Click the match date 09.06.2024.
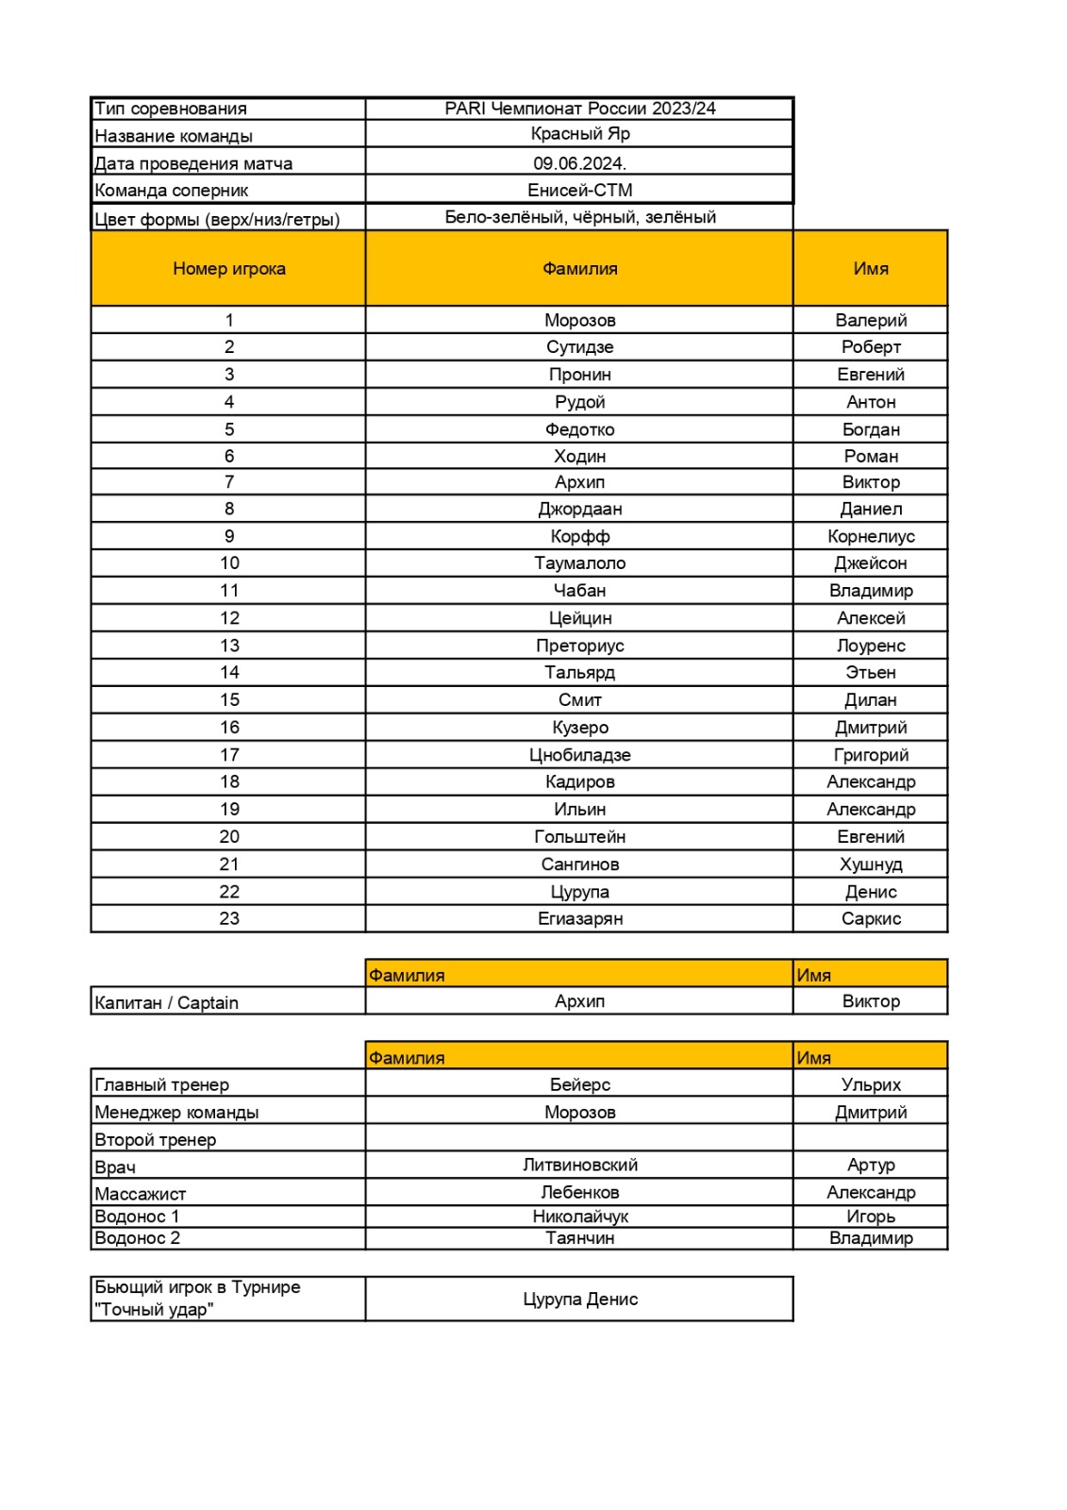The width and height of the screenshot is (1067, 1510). tap(579, 163)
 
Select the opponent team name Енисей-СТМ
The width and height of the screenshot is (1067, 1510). tap(579, 190)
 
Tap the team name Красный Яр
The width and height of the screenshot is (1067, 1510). tap(579, 134)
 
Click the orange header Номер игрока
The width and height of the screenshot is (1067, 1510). tap(228, 269)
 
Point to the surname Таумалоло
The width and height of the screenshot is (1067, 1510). tap(579, 563)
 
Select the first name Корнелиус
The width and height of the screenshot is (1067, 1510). tap(870, 536)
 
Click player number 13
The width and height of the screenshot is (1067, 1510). tap(229, 646)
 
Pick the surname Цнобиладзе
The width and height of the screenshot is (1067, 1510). tap(579, 755)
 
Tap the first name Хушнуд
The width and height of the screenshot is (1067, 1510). tap(870, 864)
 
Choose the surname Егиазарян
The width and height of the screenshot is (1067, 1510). tap(579, 918)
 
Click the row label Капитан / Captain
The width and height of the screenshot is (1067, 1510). tap(166, 1002)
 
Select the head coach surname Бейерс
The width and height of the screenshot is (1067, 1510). tap(579, 1085)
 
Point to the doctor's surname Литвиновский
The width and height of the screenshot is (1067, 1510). tap(579, 1166)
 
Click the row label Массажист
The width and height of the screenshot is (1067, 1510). tap(141, 1194)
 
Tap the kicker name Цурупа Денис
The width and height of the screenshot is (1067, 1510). tap(579, 1300)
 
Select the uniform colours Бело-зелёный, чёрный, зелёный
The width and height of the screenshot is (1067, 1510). tap(579, 218)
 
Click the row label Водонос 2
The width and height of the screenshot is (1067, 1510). tap(138, 1238)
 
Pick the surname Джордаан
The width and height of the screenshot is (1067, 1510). tap(579, 509)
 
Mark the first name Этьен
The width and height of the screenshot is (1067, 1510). tap(870, 673)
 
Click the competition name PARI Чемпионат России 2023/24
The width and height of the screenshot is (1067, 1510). tap(579, 109)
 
